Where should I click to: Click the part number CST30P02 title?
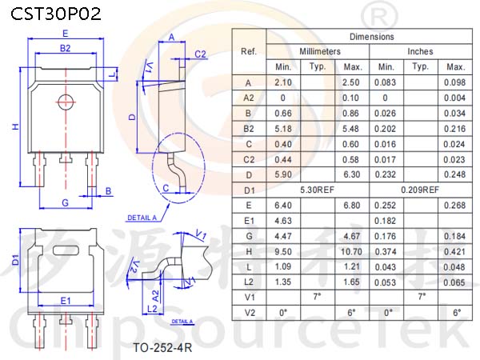click(56, 14)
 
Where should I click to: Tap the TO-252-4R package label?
click(162, 348)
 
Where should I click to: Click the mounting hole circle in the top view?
click(66, 102)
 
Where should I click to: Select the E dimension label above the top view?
click(66, 34)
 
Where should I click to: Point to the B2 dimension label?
click(65, 48)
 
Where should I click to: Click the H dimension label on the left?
click(15, 126)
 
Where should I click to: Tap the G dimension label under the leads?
click(66, 202)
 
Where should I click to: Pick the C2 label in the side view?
click(201, 54)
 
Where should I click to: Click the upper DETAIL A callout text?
click(142, 218)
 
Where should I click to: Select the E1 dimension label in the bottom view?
click(66, 301)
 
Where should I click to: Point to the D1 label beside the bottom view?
click(15, 260)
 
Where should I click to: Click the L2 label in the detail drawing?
click(152, 309)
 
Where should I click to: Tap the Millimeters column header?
click(320, 51)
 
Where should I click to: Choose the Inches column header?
click(420, 51)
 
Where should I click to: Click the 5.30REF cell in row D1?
click(317, 190)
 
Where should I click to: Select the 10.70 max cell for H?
click(351, 252)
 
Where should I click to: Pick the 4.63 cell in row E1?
click(283, 221)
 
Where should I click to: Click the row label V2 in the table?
click(249, 313)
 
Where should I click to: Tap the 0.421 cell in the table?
click(454, 252)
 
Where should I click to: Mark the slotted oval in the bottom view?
click(66, 250)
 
